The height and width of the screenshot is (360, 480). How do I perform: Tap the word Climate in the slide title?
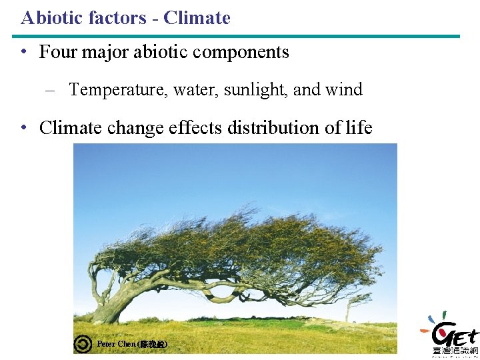click(197, 17)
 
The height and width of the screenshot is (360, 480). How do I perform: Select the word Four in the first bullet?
click(57, 52)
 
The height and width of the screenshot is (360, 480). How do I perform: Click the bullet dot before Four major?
click(23, 52)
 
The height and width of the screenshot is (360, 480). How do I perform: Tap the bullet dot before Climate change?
click(23, 127)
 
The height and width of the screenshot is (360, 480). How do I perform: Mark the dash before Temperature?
click(50, 89)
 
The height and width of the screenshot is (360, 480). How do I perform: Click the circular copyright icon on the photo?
click(83, 344)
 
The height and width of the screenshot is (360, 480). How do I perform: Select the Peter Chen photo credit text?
click(132, 344)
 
